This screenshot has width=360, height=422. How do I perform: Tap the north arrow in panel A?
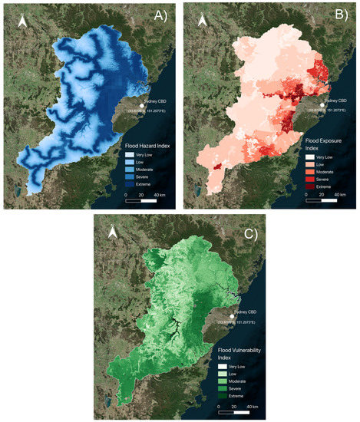pos(21,25)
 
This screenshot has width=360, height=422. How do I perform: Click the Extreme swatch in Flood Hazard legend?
pos(130,184)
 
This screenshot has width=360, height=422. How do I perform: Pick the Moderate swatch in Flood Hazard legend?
pos(130,169)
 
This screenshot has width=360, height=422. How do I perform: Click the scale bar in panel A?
pos(140,199)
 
